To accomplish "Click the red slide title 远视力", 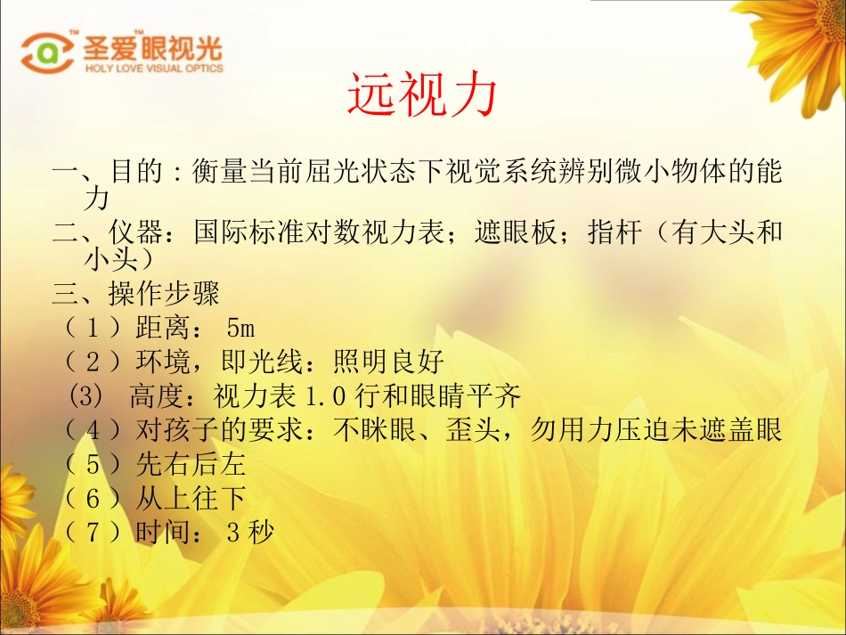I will pos(420,95).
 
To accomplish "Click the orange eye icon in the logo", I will pos(47,53).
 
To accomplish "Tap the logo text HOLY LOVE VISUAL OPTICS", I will pos(154,68).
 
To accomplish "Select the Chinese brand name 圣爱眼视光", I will pos(153,46).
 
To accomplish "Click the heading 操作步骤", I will pos(164,293).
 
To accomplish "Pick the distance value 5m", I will pos(240,328).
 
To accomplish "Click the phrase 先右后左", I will pos(191,465).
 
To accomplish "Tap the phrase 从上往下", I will pos(191,499).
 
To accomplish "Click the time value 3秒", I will pos(250,533).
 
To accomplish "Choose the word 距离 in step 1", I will pos(163,328).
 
